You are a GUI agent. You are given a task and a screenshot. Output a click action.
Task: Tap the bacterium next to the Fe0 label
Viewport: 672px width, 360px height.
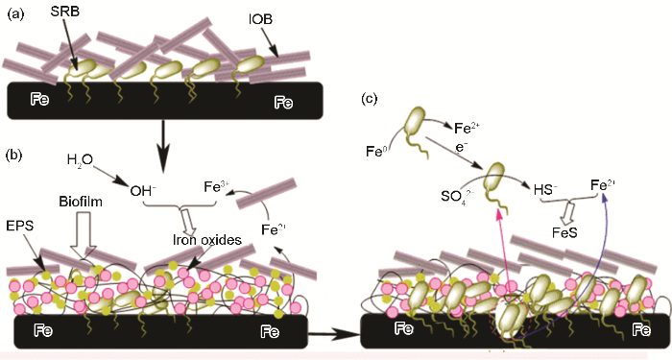pyautogui.click(x=417, y=126)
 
